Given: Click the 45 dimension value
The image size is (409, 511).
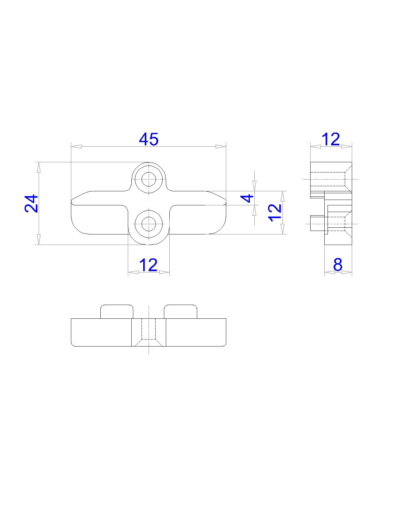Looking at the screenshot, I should [149, 139].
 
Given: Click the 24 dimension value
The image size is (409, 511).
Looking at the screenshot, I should [32, 203].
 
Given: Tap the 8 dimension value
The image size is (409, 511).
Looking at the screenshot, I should [338, 264].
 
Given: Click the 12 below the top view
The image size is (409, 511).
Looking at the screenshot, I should [149, 265].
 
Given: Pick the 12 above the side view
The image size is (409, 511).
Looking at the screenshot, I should [331, 139].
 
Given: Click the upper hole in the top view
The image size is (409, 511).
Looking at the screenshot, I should [149, 179].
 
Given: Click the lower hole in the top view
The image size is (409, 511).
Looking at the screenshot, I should [149, 224].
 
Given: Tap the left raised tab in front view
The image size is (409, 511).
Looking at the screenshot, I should [117, 312].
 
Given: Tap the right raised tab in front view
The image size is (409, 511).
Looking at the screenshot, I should [181, 312].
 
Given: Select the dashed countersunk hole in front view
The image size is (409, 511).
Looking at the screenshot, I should [149, 332].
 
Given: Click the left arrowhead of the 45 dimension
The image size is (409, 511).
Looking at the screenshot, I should [75, 147].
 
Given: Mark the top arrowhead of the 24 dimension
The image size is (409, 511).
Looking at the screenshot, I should [39, 167].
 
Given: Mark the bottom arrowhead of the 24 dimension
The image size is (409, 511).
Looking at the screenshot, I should [39, 240].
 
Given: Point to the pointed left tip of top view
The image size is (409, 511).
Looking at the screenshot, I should [72, 202].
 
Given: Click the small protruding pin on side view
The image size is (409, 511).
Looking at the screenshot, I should [317, 223].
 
